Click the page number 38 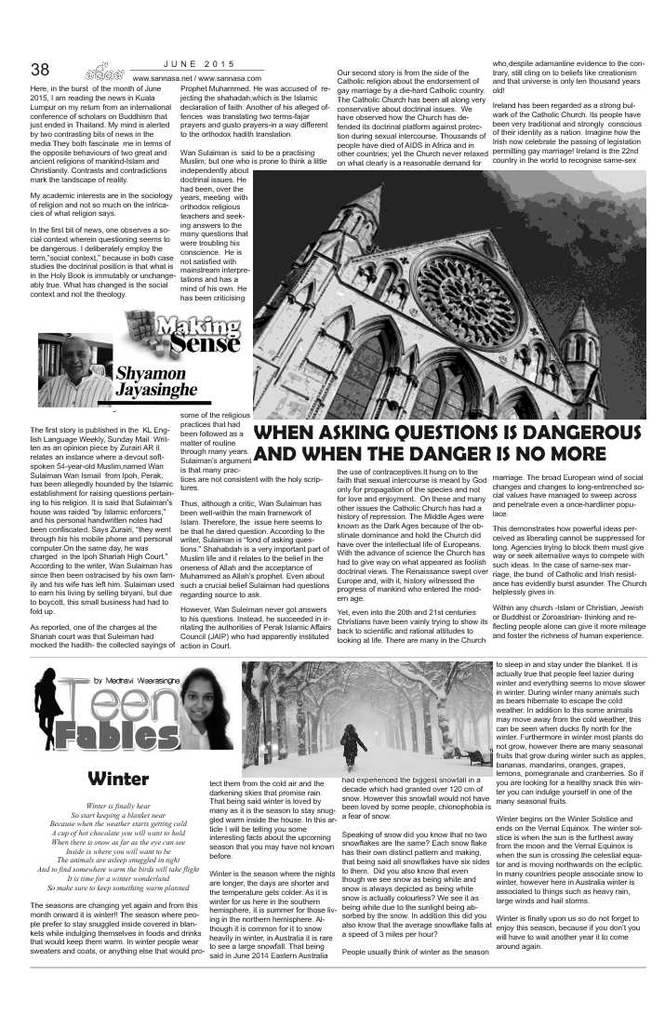[x=40, y=69]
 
